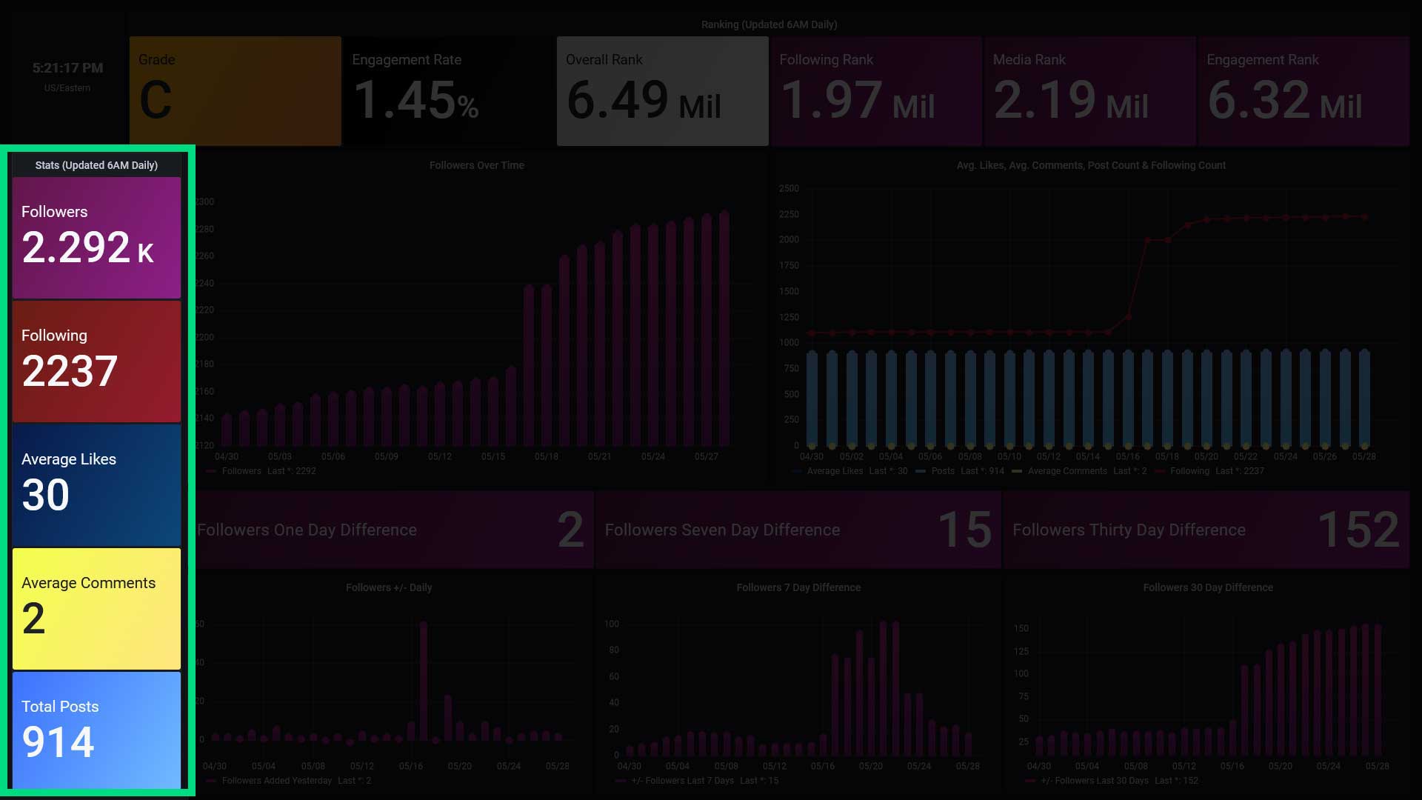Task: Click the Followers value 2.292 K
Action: pyautogui.click(x=87, y=247)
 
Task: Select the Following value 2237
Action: pyautogui.click(x=70, y=371)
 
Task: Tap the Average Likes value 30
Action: pyautogui.click(x=46, y=495)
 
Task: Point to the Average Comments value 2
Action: pyautogui.click(x=33, y=619)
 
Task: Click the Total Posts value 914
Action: pyautogui.click(x=59, y=742)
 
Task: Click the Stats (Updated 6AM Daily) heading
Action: pyautogui.click(x=96, y=165)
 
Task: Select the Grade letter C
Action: pyautogui.click(x=156, y=100)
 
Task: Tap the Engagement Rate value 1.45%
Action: pyautogui.click(x=415, y=100)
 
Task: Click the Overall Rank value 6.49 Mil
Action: pyautogui.click(x=643, y=100)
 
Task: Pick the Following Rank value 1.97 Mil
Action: pyautogui.click(x=857, y=100)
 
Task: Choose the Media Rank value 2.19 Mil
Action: pyautogui.click(x=1071, y=100)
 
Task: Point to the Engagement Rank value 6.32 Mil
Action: pyautogui.click(x=1284, y=100)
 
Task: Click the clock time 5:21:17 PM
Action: pyautogui.click(x=67, y=68)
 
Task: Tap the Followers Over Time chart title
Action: pyautogui.click(x=476, y=165)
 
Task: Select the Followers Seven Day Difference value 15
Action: pyautogui.click(x=964, y=530)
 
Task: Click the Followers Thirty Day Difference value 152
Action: pyautogui.click(x=1358, y=530)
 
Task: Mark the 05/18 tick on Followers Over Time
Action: pyautogui.click(x=547, y=457)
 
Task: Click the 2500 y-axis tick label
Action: pyautogui.click(x=789, y=189)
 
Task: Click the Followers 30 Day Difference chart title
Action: pyautogui.click(x=1207, y=587)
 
